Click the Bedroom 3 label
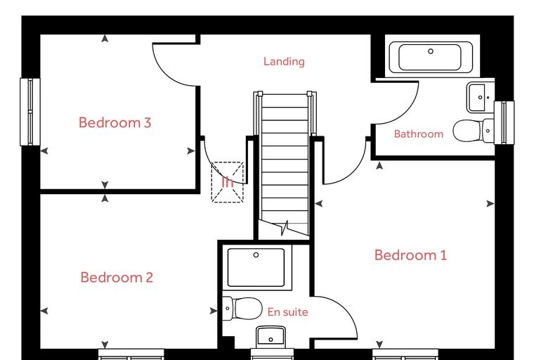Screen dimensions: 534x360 pyautogui.click(x=115, y=122)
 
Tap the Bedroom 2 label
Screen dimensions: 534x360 pyautogui.click(x=117, y=278)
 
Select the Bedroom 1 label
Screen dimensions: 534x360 pyautogui.click(x=410, y=255)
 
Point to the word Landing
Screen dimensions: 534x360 pyautogui.click(x=284, y=62)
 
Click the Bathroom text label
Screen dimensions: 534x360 pyautogui.click(x=419, y=134)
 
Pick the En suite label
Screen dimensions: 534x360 pyautogui.click(x=288, y=312)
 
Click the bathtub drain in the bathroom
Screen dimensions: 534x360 pyautogui.click(x=431, y=51)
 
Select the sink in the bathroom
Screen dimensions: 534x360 pyautogui.click(x=480, y=97)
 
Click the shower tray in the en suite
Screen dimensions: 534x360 pyautogui.click(x=256, y=268)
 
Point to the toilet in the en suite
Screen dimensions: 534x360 pyautogui.click(x=242, y=309)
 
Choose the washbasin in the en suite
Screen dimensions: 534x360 pyautogui.click(x=271, y=337)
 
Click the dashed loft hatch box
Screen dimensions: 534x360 pyautogui.click(x=228, y=182)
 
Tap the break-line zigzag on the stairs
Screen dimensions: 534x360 pyautogui.click(x=285, y=228)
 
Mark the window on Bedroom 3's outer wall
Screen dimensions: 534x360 pyautogui.click(x=30, y=112)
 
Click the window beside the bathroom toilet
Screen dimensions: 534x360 pyautogui.click(x=504, y=122)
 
